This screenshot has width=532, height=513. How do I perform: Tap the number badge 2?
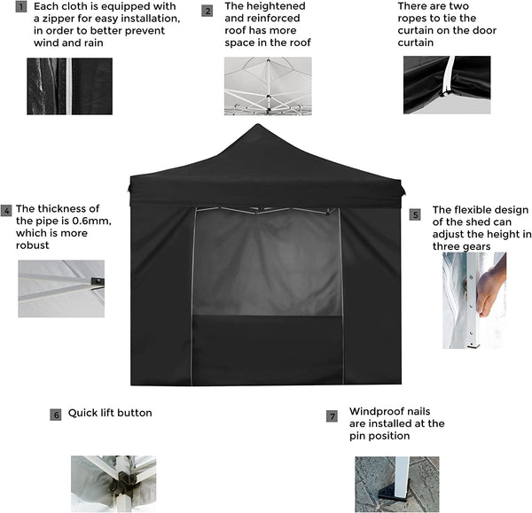click(x=207, y=11)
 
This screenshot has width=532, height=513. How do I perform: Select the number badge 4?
click(x=6, y=211)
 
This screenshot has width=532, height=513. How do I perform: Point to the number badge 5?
click(x=415, y=214)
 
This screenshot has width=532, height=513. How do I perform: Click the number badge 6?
click(x=56, y=414)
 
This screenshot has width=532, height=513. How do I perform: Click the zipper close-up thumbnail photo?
click(x=69, y=86)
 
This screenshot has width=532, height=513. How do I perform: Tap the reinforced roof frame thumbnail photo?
click(x=268, y=86)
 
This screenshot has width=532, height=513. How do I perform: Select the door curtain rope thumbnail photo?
click(x=446, y=84)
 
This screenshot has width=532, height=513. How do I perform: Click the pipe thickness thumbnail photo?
click(x=61, y=288)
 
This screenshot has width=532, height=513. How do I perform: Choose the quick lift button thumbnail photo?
click(x=113, y=483)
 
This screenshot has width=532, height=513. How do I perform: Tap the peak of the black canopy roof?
click(x=257, y=127)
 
